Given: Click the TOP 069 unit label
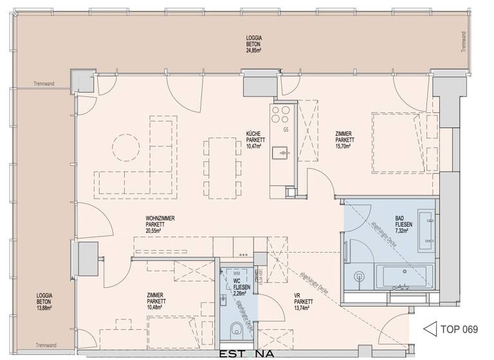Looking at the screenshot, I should coord(459,330).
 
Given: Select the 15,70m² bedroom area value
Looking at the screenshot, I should coord(344,146).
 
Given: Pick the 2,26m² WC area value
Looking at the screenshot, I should coord(239,296).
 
